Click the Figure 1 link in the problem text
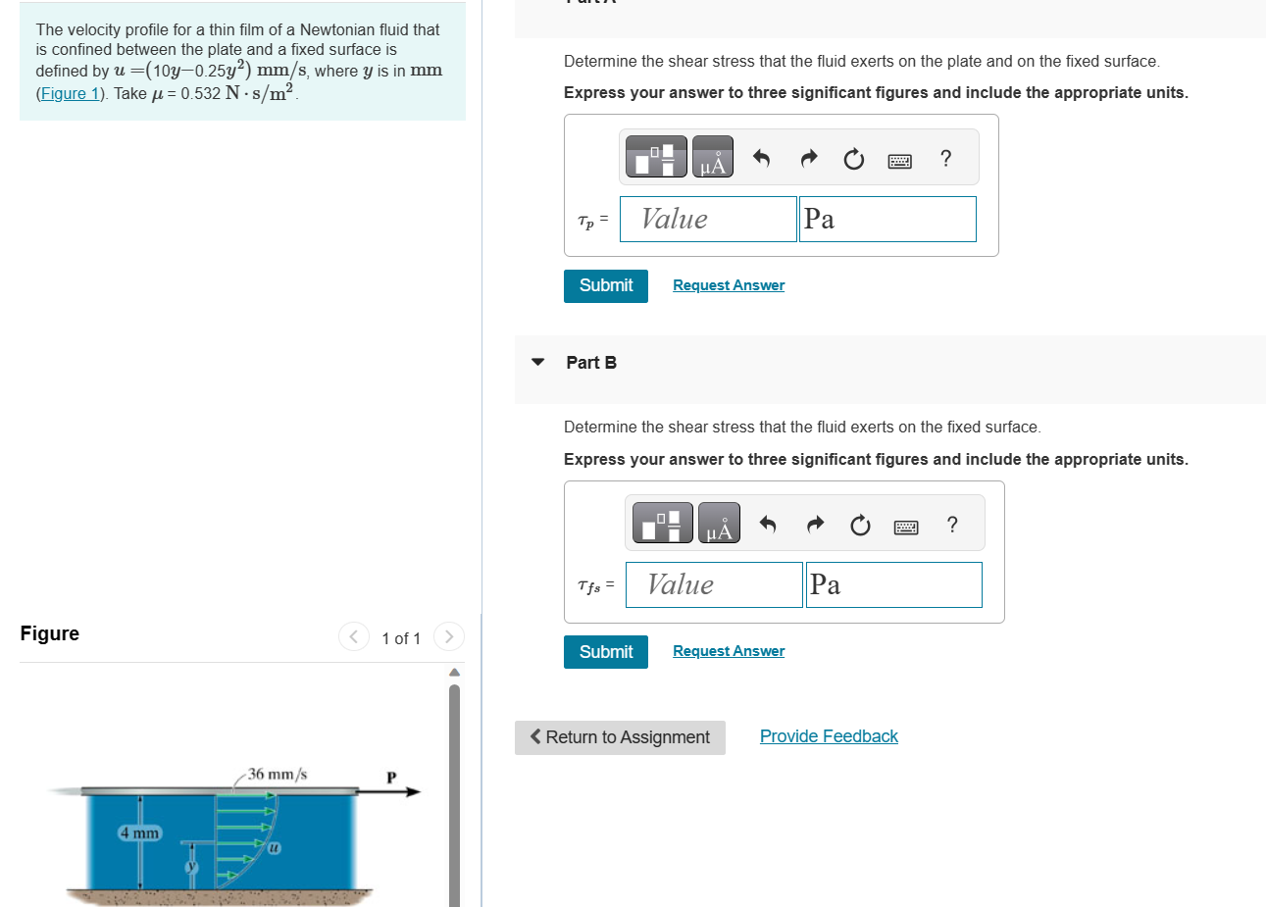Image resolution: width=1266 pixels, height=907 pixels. (x=70, y=93)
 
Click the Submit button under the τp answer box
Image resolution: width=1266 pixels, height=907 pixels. (x=605, y=286)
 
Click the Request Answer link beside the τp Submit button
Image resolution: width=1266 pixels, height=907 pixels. (x=729, y=285)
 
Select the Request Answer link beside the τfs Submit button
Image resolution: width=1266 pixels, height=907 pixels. (x=729, y=651)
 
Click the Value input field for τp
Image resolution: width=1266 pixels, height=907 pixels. (x=708, y=220)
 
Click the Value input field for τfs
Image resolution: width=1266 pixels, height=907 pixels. (x=714, y=584)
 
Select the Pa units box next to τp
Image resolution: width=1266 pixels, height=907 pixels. (x=887, y=220)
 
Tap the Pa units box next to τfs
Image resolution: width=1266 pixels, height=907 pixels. (x=894, y=584)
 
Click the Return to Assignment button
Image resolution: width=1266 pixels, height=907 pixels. (x=620, y=737)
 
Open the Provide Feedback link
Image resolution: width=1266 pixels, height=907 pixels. (x=829, y=736)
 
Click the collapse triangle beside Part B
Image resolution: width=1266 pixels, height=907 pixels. (x=538, y=362)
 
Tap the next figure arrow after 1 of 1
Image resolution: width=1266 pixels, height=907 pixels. (x=449, y=637)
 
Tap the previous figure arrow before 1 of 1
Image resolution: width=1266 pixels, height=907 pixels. (x=354, y=637)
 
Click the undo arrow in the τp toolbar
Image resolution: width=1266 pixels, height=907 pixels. (x=761, y=158)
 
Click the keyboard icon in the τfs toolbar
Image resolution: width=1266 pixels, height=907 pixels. (x=906, y=528)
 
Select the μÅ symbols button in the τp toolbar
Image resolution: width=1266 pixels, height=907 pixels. (x=713, y=157)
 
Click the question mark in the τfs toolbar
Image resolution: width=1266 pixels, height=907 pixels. (x=952, y=525)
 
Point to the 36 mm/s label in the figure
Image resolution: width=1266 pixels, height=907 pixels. (x=277, y=775)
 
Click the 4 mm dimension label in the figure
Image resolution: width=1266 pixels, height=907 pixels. (x=139, y=833)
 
